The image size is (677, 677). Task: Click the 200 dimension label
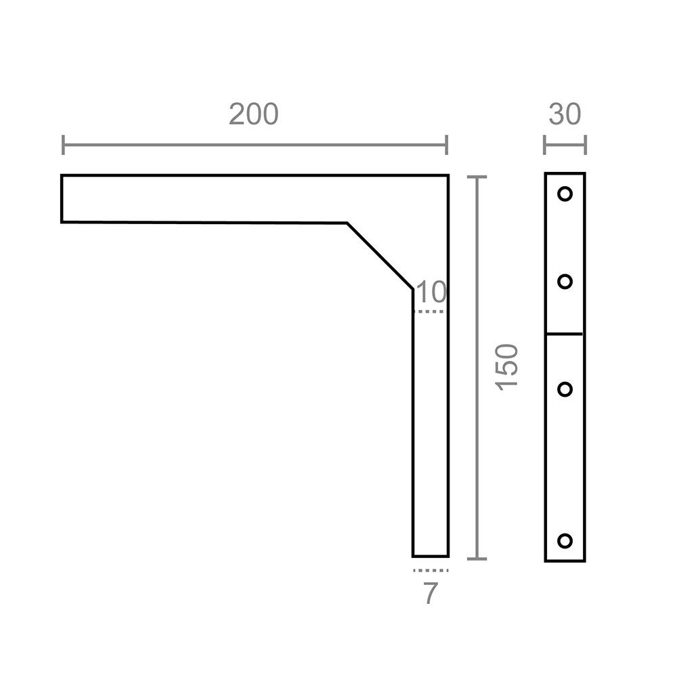pos(253,115)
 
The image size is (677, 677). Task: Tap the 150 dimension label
pos(507,366)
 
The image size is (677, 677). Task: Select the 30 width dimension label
pos(565,115)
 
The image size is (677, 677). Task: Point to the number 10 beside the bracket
pos(431,293)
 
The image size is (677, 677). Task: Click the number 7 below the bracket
pos(430,594)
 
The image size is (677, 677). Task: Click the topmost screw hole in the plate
pos(565,194)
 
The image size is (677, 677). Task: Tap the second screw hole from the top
pos(565,282)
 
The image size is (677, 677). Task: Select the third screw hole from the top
pos(565,389)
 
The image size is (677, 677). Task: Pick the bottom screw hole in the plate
pos(565,540)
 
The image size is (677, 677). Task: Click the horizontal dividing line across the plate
pos(565,334)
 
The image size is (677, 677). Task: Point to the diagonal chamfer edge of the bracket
pos(380,256)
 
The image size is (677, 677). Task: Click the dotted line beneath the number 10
pos(430,311)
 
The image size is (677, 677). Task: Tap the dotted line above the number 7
pos(430,571)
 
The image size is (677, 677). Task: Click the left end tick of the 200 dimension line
pos(63,145)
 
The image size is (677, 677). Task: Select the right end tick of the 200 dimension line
pos(447,145)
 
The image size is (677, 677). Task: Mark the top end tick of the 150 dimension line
pos(477,177)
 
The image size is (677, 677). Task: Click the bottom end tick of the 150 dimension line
pos(477,559)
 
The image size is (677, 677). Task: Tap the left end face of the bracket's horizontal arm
pos(62,198)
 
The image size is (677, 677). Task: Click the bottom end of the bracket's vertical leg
pos(431,556)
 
